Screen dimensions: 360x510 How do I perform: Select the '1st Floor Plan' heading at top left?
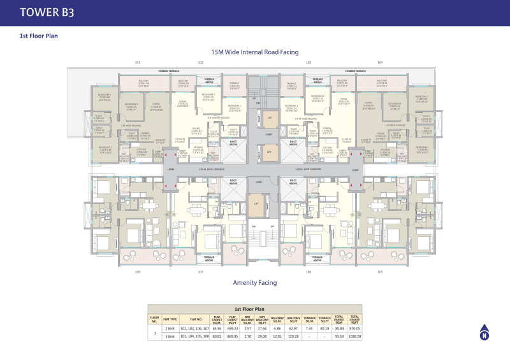(39, 36)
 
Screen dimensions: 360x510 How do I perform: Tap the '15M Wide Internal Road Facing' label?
(255, 52)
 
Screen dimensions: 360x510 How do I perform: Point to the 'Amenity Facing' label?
(255, 282)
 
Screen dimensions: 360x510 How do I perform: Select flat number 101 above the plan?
(137, 62)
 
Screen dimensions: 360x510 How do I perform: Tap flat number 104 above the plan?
(380, 62)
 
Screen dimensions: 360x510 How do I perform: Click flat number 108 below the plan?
(137, 271)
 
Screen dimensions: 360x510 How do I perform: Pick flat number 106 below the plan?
(308, 271)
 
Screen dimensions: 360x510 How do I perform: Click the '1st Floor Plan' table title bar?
(255, 308)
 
